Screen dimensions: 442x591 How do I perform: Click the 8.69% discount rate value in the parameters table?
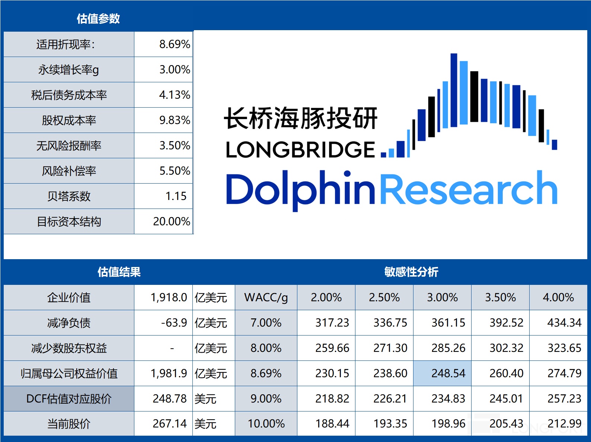click(174, 44)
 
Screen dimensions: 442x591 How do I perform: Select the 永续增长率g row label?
click(68, 70)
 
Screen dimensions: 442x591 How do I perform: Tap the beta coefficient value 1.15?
click(176, 196)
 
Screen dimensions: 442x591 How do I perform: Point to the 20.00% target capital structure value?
click(172, 222)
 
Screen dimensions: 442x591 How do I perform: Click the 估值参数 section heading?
click(98, 19)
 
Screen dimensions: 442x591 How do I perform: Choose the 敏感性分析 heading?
click(411, 272)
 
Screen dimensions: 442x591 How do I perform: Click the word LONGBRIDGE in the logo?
click(300, 150)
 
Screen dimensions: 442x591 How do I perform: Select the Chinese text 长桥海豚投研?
click(301, 118)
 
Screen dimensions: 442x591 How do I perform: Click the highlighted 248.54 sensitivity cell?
click(448, 373)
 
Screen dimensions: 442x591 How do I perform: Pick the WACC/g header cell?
click(266, 298)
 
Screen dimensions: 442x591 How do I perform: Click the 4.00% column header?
click(558, 298)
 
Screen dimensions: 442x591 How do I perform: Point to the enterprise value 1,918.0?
click(169, 298)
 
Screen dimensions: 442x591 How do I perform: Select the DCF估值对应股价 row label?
click(69, 399)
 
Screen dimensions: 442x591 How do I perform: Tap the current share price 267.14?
click(169, 424)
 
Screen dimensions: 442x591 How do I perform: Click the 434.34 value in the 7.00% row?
click(564, 323)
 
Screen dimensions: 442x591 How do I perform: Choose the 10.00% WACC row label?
click(266, 424)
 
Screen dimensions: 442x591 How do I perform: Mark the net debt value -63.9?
click(174, 323)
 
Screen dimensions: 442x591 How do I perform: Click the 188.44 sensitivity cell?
click(332, 424)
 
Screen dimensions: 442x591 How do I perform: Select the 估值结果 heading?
click(119, 272)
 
